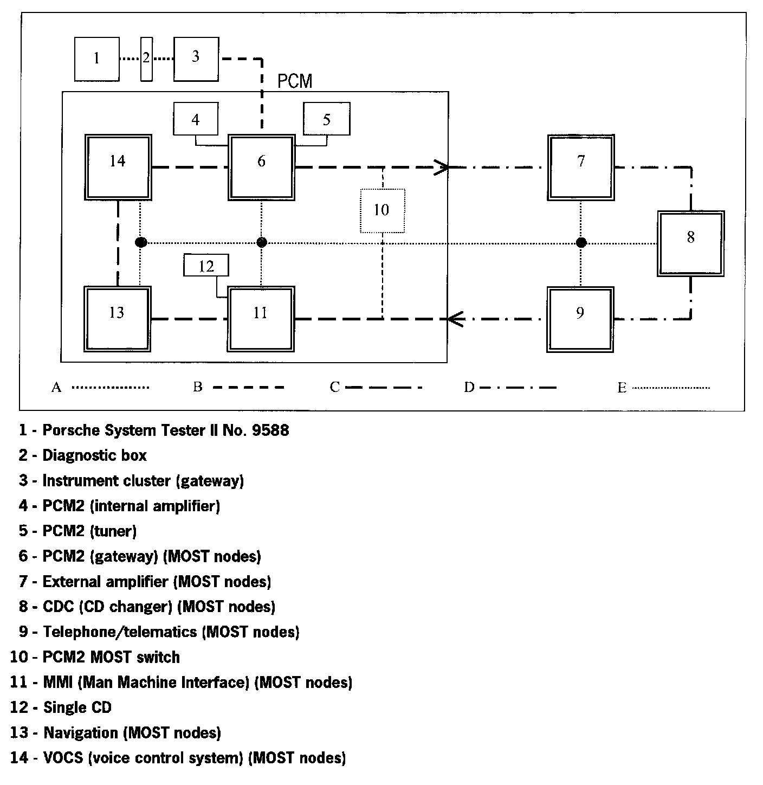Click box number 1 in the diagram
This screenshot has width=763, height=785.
(96, 59)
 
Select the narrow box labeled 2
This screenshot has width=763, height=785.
(146, 59)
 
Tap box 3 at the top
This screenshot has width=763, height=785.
(196, 59)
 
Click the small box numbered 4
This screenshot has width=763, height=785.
(196, 119)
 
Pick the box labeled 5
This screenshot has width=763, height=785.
(326, 119)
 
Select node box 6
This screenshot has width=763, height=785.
(261, 168)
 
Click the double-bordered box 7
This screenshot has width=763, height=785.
(581, 168)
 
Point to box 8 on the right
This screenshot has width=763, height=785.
(691, 243)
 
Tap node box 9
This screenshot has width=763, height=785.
(580, 319)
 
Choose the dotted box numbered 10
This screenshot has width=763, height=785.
(382, 210)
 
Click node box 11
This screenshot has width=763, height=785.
(261, 319)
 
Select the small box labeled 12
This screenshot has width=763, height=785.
(206, 266)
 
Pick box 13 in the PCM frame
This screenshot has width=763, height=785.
(117, 319)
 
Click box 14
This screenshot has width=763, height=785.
(118, 168)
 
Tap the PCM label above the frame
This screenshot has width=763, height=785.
(295, 81)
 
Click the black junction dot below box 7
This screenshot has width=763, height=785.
(581, 242)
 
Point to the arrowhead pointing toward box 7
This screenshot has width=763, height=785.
(442, 168)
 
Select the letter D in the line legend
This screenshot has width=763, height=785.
(469, 387)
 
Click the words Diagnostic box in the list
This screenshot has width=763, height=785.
(94, 455)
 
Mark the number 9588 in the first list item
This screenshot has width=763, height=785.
(270, 430)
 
